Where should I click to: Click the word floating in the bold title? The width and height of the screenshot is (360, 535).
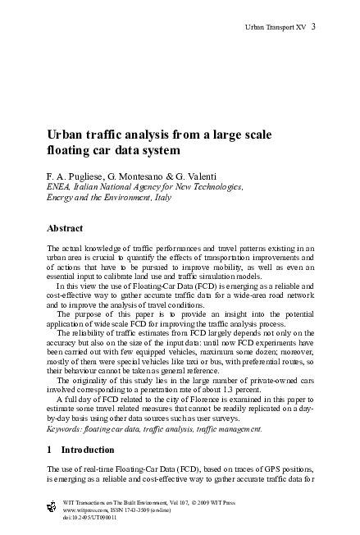point(71,151)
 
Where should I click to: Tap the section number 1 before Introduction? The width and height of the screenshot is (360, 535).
point(49,450)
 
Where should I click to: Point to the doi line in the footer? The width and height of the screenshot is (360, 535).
point(83,517)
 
